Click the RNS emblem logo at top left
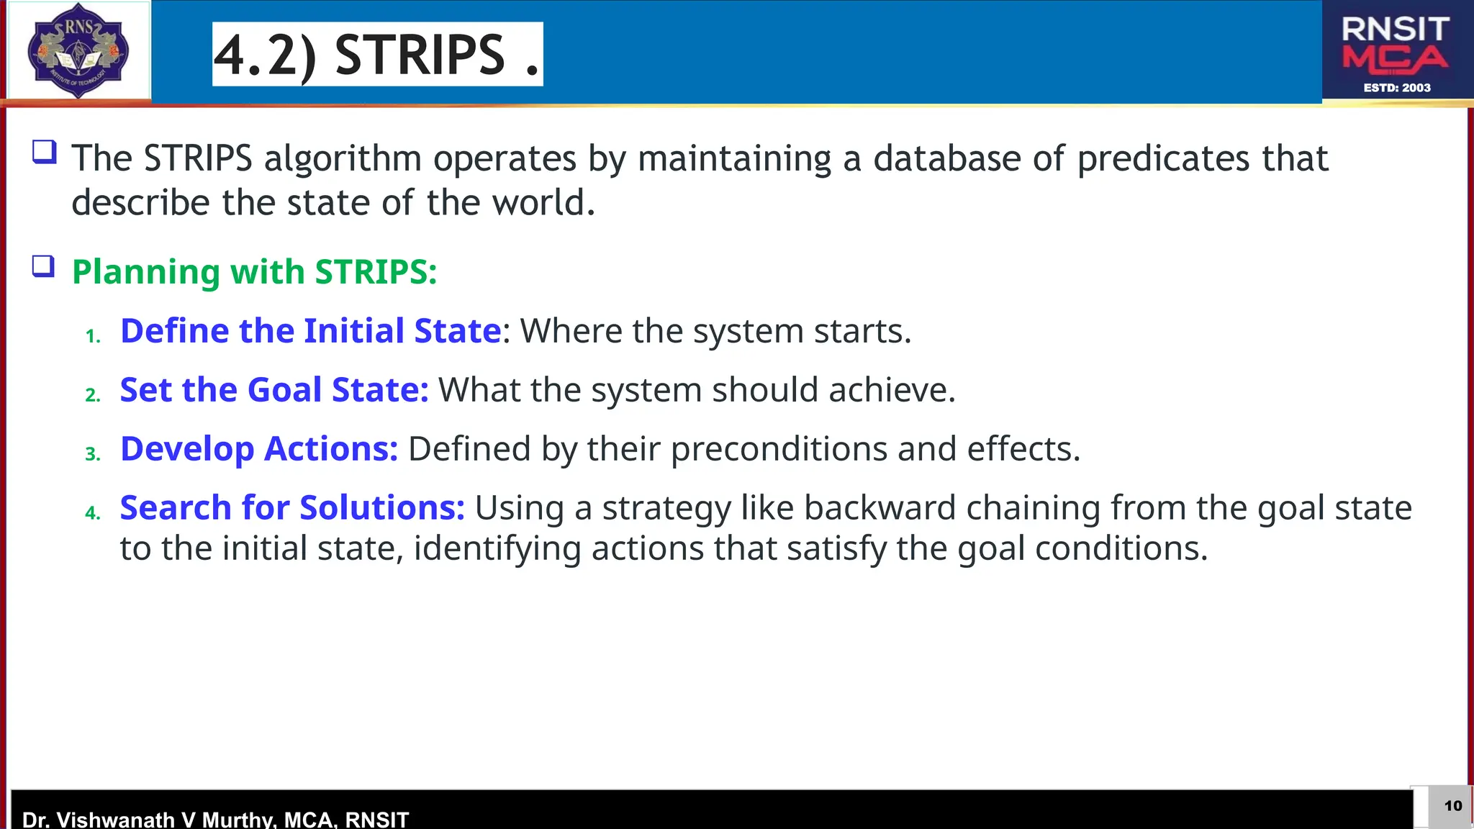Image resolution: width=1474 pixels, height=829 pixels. point(78,50)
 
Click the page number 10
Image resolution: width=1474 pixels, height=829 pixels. point(1453,806)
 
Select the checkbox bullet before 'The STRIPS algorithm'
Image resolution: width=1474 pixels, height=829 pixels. point(44,152)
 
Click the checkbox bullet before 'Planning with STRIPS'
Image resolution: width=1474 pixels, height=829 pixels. point(44,266)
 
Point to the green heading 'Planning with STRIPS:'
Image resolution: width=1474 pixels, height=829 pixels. point(254,272)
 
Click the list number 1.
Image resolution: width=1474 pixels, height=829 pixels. point(92,336)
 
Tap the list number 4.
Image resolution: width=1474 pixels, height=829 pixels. point(92,513)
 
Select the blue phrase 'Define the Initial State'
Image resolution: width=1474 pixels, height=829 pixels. point(310,331)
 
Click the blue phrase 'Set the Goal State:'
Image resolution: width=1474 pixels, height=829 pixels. point(273,390)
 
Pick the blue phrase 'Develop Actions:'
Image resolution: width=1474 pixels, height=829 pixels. point(258,449)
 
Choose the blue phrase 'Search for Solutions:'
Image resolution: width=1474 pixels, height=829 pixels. point(291,508)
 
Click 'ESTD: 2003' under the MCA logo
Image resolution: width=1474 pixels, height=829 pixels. point(1397,88)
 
